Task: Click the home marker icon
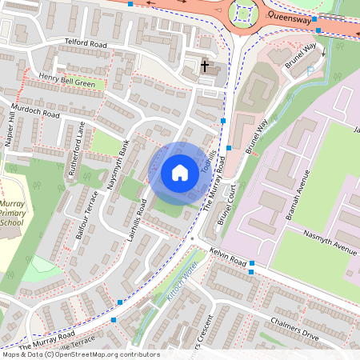click(x=180, y=172)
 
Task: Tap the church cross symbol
click(x=205, y=66)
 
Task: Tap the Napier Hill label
click(x=11, y=128)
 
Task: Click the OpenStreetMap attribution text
click(x=81, y=354)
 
